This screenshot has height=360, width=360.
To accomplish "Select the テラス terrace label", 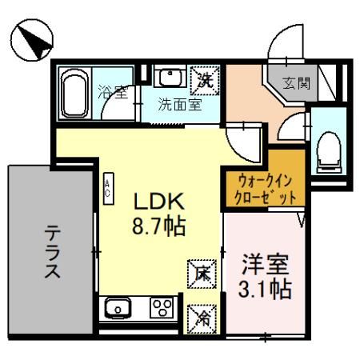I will click(50, 250).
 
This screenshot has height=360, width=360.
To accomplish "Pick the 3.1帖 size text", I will click(265, 288).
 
